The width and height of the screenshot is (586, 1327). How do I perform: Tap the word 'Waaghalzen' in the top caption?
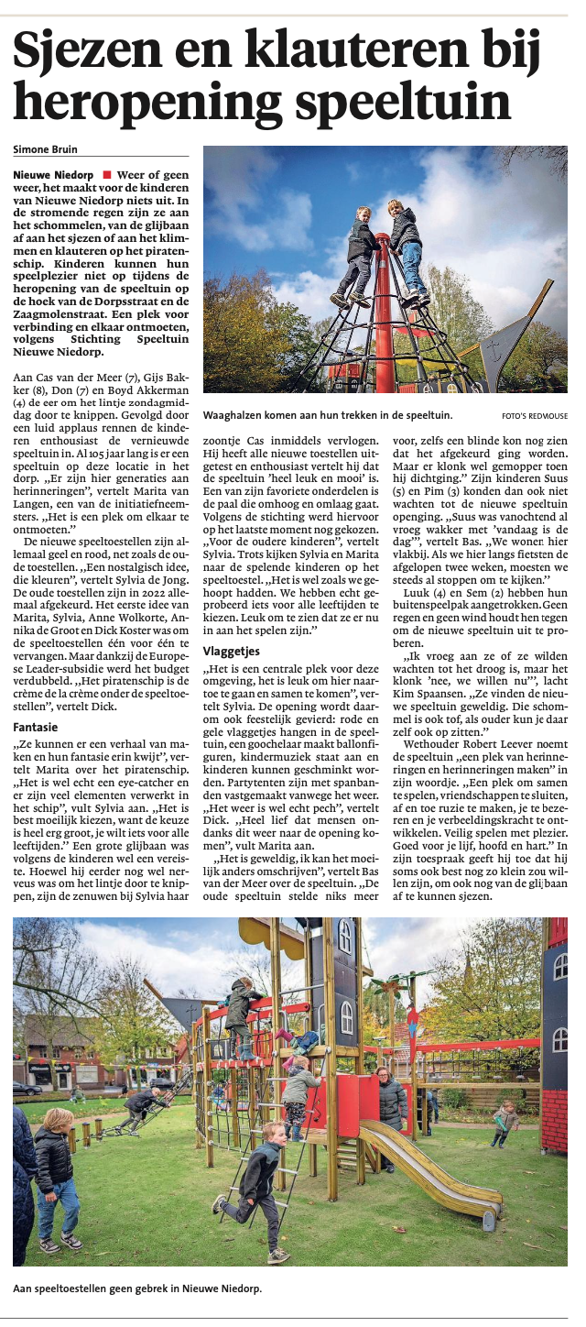[x=233, y=414]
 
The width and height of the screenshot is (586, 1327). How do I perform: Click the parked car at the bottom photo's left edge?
[x=26, y=1088]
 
